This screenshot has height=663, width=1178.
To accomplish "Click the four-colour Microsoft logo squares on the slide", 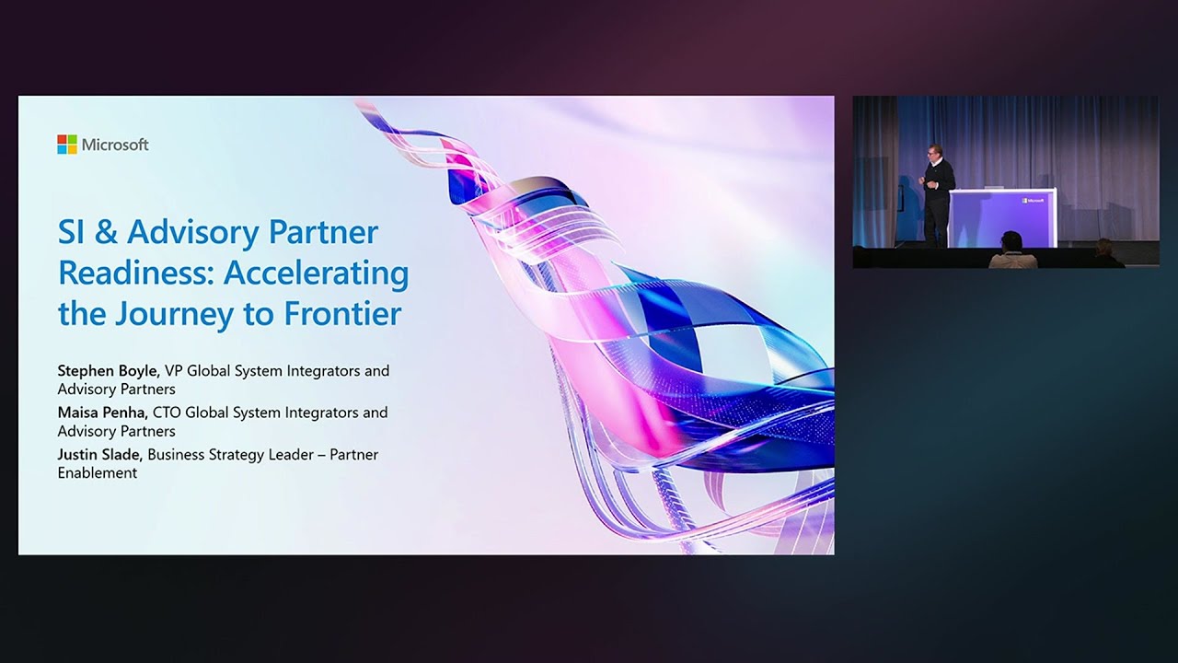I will [67, 145].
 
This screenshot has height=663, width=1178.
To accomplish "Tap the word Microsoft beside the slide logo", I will [115, 145].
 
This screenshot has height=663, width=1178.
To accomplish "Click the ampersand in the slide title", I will [107, 232].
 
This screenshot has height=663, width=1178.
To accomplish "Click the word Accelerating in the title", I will [316, 273].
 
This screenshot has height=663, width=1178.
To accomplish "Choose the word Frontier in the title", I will [342, 314].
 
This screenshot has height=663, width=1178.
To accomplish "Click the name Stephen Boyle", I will [109, 371].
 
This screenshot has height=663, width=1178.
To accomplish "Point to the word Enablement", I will [98, 473].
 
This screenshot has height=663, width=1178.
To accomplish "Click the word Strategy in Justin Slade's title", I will [237, 454].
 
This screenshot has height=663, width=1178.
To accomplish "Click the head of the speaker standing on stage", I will [935, 152].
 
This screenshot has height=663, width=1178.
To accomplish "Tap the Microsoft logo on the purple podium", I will [1033, 199].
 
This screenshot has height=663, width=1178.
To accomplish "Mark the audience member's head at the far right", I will [1103, 247].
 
